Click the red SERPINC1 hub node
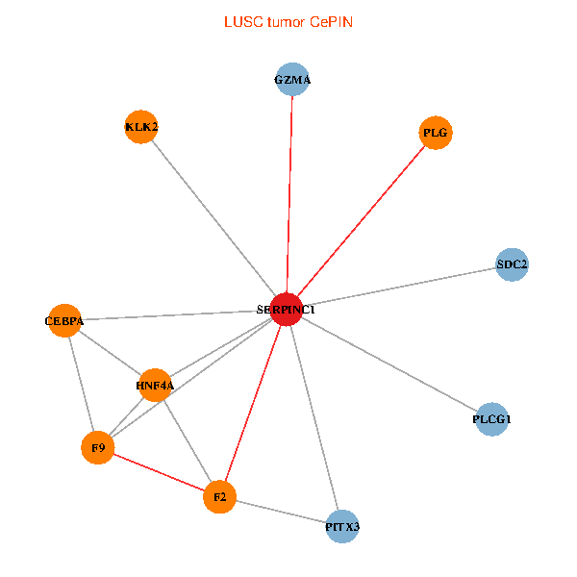click(286, 310)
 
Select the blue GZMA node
click(292, 80)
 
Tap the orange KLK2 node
click(141, 127)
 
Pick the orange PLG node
click(436, 133)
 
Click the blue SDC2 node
click(512, 263)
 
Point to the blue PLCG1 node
click(492, 419)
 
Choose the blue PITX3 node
click(342, 527)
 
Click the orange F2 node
click(219, 497)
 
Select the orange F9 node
click(97, 448)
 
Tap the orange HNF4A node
click(155, 386)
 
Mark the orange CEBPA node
click(64, 321)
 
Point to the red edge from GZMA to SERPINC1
click(289, 192)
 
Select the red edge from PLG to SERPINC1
click(361, 221)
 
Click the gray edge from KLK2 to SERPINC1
click(213, 218)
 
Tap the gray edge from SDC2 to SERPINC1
click(399, 287)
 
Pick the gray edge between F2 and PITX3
click(281, 512)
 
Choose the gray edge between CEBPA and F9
click(81, 385)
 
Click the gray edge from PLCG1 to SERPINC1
click(389, 364)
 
